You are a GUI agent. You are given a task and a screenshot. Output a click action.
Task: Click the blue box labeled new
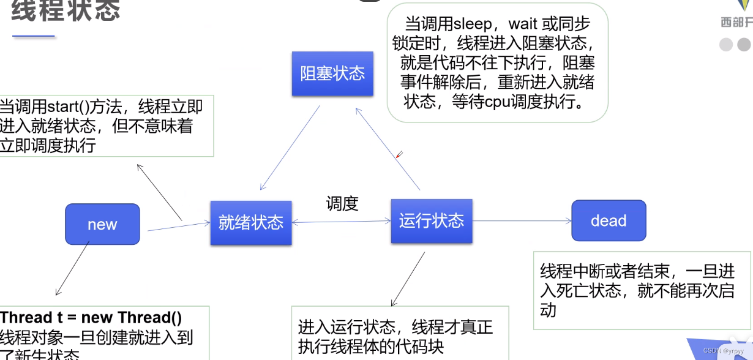(x=102, y=224)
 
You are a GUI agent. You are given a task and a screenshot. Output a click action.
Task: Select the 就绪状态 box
(x=251, y=222)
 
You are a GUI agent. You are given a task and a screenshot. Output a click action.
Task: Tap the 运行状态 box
(x=432, y=220)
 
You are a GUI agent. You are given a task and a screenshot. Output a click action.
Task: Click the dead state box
(x=609, y=220)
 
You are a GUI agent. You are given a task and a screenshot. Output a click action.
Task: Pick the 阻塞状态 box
(x=332, y=73)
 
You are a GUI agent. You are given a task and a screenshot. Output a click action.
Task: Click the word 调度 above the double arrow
(x=342, y=203)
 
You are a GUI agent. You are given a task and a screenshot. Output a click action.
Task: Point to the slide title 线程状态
(x=66, y=10)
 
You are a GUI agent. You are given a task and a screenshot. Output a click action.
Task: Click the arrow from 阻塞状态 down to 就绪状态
(x=290, y=148)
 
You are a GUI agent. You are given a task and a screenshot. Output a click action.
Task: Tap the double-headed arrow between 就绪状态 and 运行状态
(x=342, y=222)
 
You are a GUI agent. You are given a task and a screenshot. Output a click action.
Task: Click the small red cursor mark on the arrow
(x=399, y=154)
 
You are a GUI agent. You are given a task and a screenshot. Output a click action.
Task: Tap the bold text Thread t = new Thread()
(x=91, y=317)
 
